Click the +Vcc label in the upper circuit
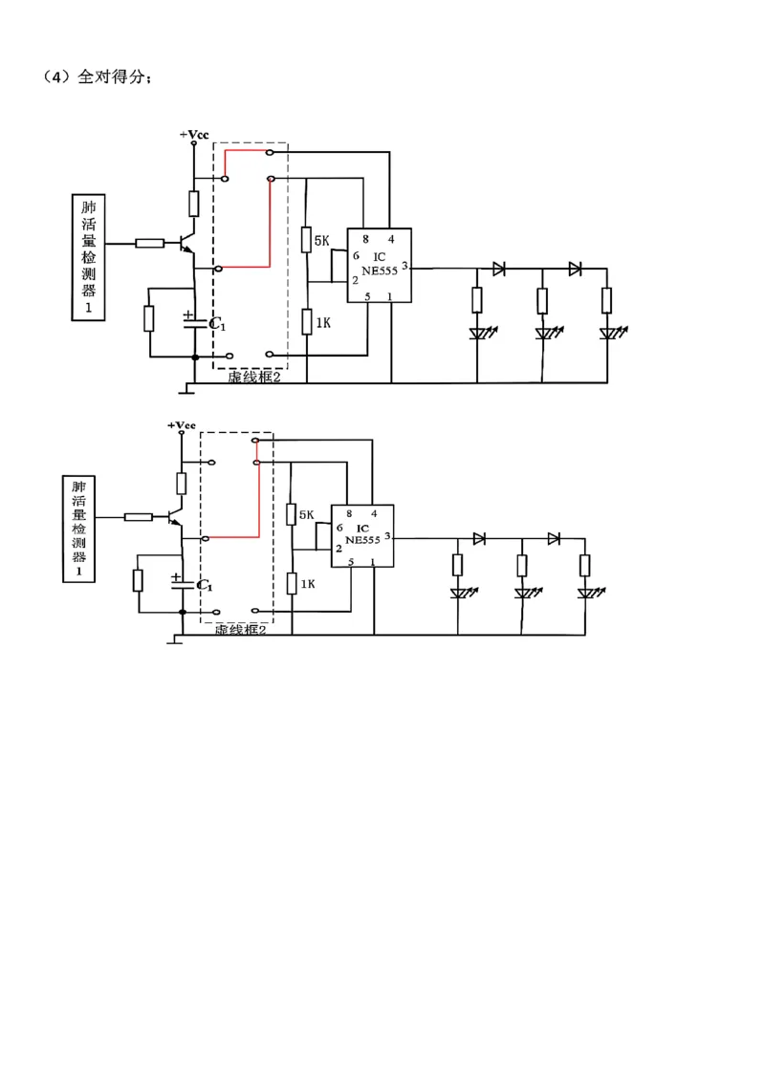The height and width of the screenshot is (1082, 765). (194, 135)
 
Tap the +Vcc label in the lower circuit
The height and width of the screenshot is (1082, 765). (182, 425)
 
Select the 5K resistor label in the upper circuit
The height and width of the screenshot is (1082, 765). (321, 241)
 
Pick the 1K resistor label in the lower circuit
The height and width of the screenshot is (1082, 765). (307, 584)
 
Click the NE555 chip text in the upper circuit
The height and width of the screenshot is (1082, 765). (380, 271)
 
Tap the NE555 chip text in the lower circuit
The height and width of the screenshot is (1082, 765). (363, 540)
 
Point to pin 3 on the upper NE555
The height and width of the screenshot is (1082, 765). (404, 266)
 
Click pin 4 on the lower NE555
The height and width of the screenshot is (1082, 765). (374, 513)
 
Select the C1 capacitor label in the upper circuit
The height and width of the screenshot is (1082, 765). (217, 324)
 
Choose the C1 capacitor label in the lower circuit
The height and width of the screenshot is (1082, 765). (205, 585)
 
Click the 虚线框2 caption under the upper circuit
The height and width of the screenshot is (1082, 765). (254, 378)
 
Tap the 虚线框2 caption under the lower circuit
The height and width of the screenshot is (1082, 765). (240, 629)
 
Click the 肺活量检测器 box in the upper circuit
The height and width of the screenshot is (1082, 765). (88, 257)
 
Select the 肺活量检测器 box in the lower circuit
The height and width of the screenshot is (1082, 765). (78, 529)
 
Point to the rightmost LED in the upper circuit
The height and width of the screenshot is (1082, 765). (610, 334)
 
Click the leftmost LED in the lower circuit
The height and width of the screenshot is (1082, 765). (460, 593)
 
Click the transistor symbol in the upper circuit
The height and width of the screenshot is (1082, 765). (187, 244)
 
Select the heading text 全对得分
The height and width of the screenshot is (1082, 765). (111, 76)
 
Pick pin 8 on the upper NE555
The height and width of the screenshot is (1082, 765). (366, 239)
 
